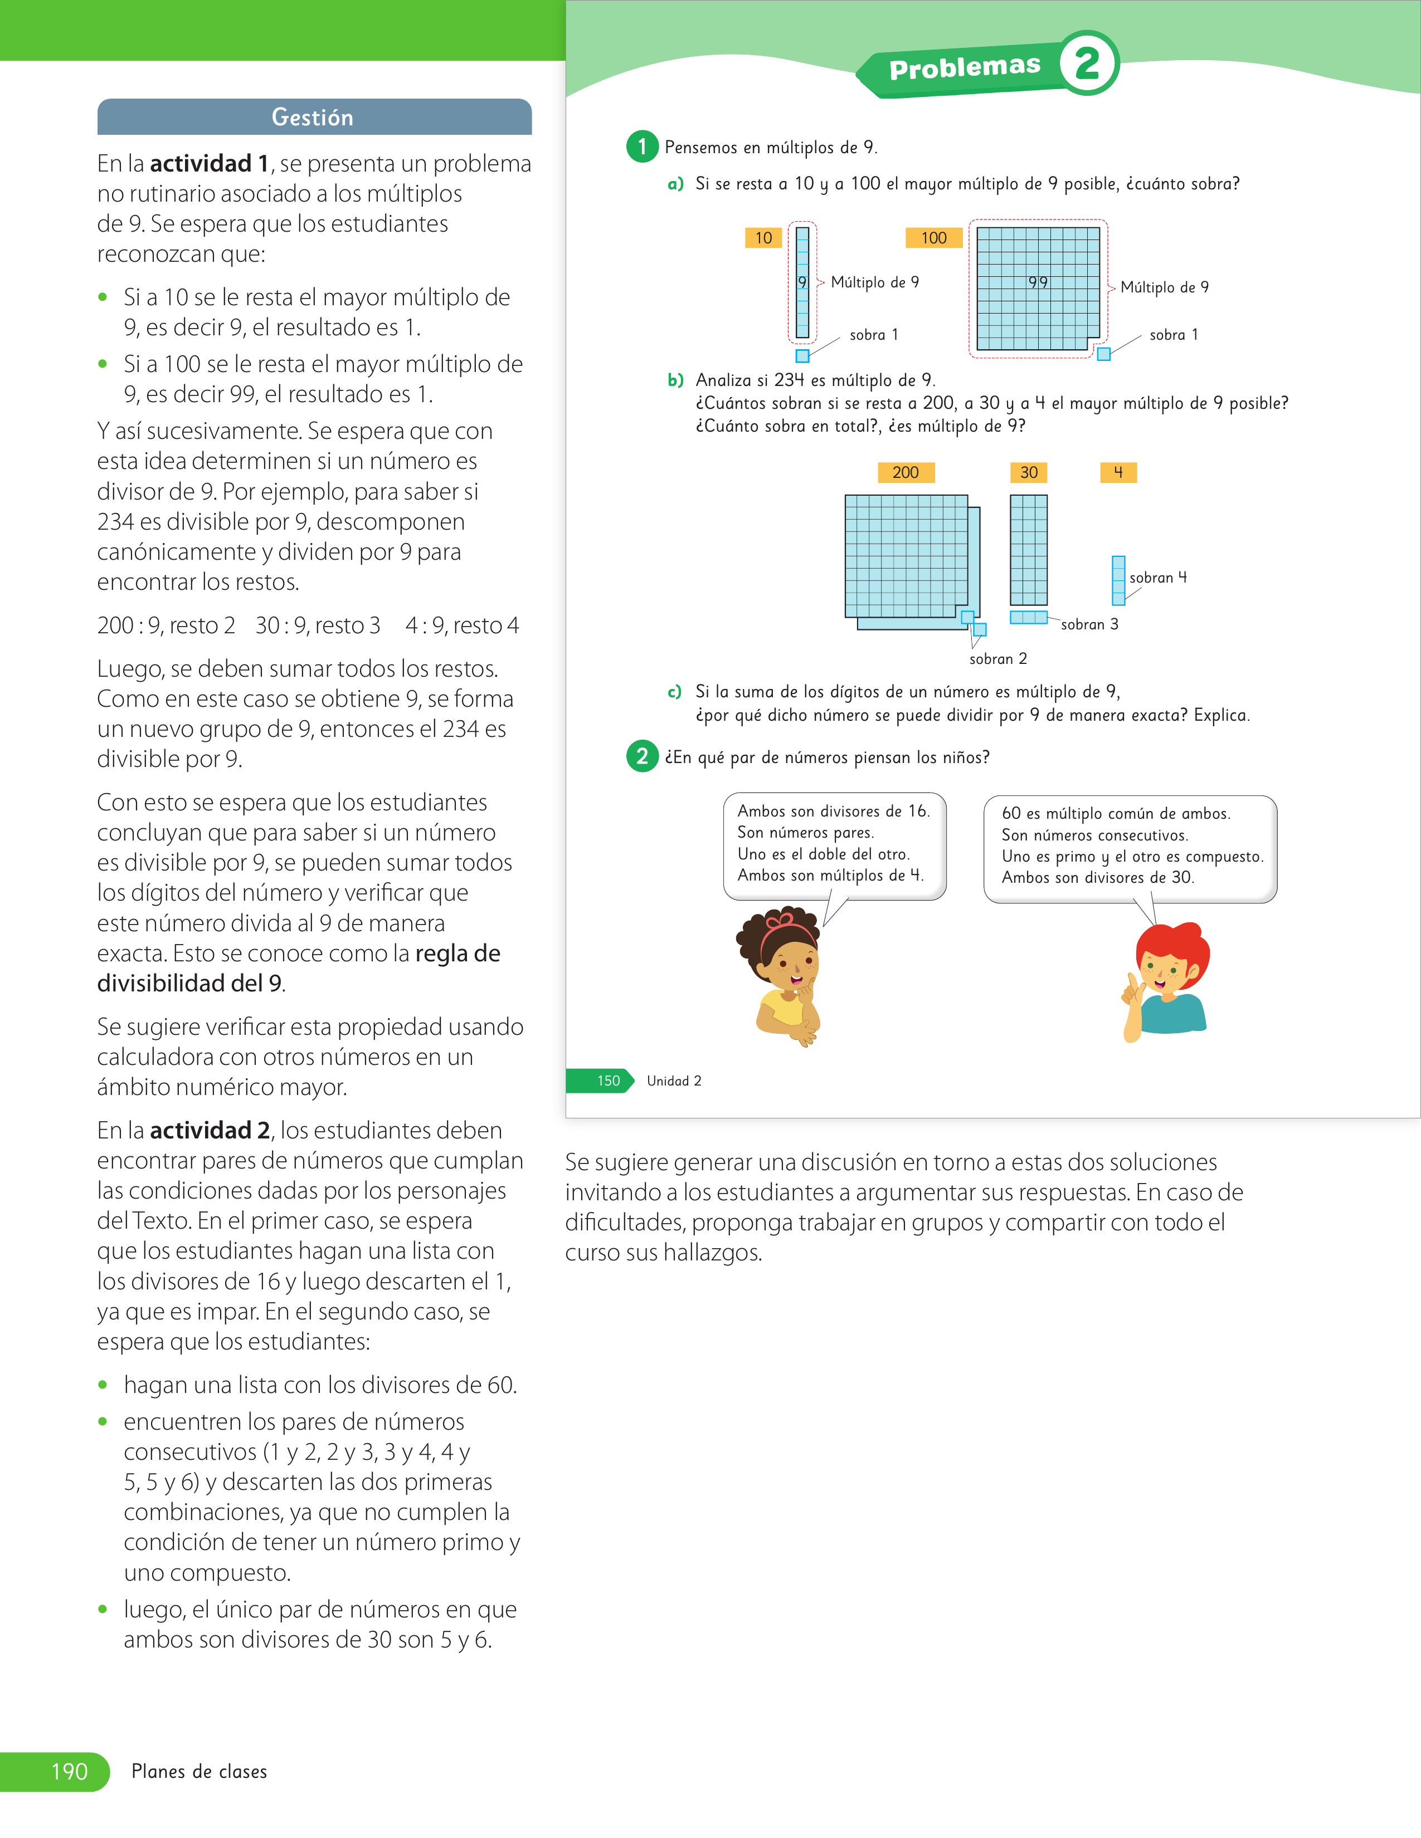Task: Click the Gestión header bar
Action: [x=314, y=117]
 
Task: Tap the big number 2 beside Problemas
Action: [x=1088, y=63]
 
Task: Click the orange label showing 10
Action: [x=763, y=238]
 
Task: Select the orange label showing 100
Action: [x=933, y=238]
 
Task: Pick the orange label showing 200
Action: [x=906, y=472]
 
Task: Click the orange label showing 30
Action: [x=1029, y=472]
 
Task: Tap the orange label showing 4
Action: [x=1118, y=472]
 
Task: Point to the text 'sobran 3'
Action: [x=1089, y=624]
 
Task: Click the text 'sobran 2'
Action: [x=997, y=659]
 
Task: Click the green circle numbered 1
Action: [x=643, y=146]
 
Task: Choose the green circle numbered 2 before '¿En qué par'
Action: [x=643, y=756]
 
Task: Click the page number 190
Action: [x=69, y=1772]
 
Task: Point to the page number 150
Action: [x=609, y=1081]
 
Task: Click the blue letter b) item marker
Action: [x=675, y=380]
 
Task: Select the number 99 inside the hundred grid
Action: [x=1038, y=283]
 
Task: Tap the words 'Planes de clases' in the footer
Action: [x=199, y=1772]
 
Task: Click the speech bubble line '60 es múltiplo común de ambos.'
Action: [x=1116, y=814]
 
